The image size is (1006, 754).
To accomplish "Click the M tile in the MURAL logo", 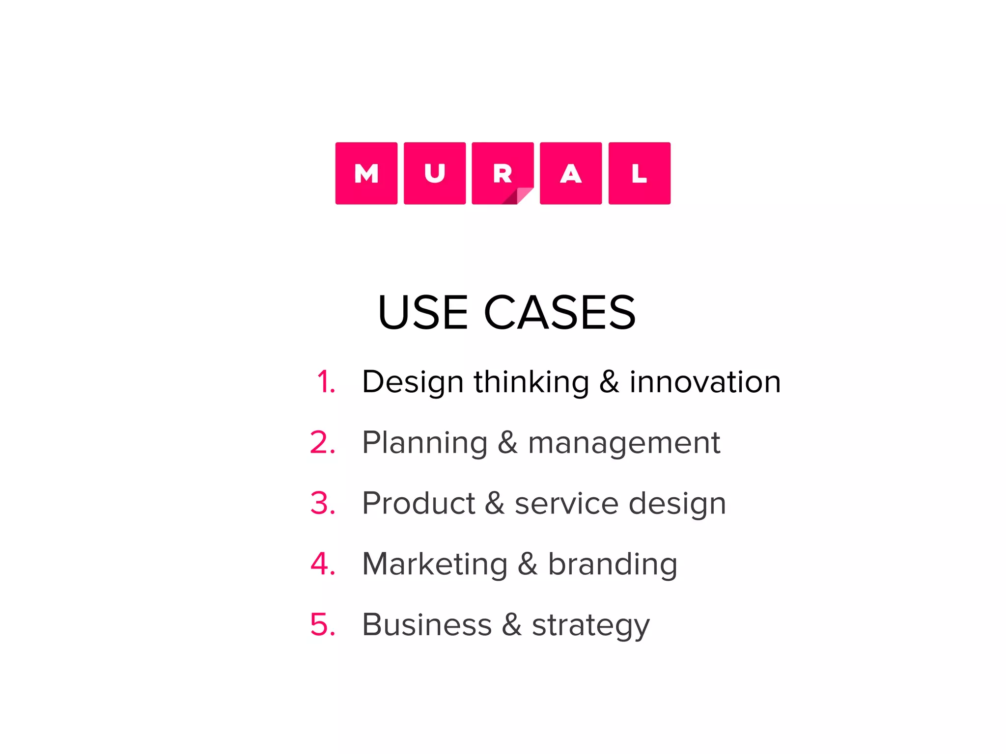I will pyautogui.click(x=366, y=173).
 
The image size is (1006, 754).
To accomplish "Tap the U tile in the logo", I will pyautogui.click(x=435, y=173).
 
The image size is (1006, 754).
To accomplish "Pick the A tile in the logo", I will pyautogui.click(x=571, y=173).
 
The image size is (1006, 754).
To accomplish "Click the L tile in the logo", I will pyautogui.click(x=639, y=173).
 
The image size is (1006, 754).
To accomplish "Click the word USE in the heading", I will pyautogui.click(x=422, y=313).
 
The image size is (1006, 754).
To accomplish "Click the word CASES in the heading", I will pyautogui.click(x=560, y=313).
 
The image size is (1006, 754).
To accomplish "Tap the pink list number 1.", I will pyautogui.click(x=326, y=382).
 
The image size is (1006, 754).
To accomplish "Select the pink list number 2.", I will pyautogui.click(x=323, y=443).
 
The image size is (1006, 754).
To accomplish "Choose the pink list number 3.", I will pyautogui.click(x=323, y=503).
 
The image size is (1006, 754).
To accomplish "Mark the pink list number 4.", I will pyautogui.click(x=323, y=564).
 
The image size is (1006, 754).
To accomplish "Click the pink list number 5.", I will pyautogui.click(x=323, y=624).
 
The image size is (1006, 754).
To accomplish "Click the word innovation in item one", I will pyautogui.click(x=705, y=382).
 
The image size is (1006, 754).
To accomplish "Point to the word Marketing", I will pyautogui.click(x=435, y=564).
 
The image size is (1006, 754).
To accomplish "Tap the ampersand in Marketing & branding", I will pyautogui.click(x=528, y=564).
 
